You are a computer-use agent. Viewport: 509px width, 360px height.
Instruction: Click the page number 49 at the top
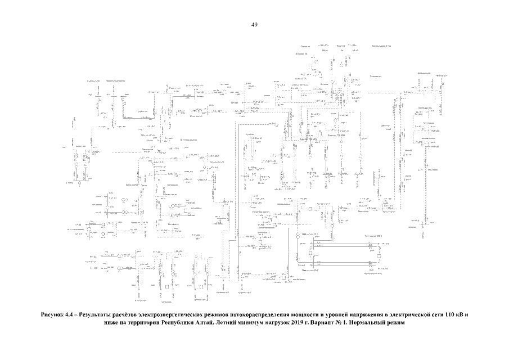254,25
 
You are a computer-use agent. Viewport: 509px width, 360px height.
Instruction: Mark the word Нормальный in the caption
377,323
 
